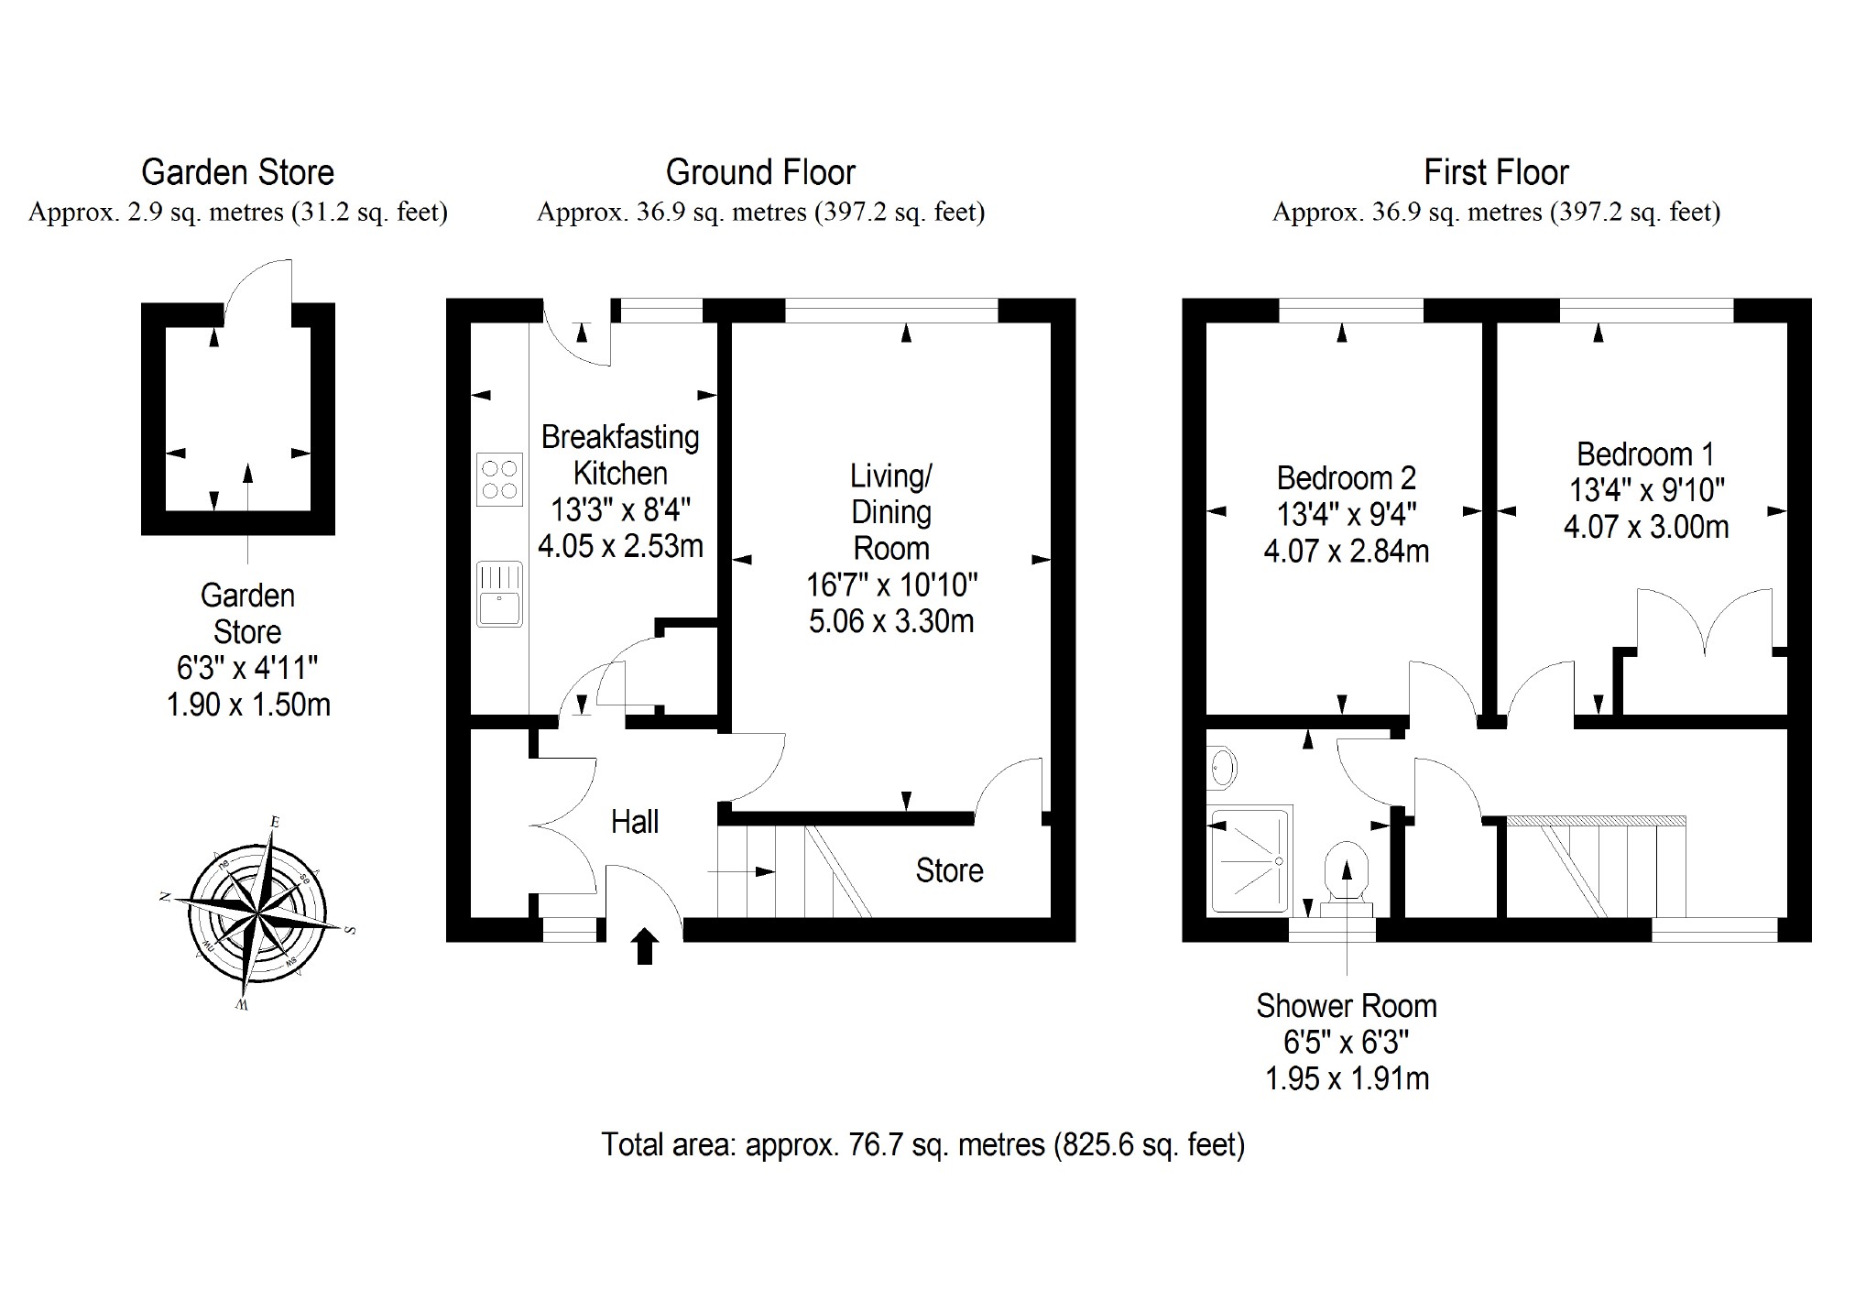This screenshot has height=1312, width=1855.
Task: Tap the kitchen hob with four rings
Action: tap(499, 479)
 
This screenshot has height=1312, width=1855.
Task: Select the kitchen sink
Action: tap(499, 595)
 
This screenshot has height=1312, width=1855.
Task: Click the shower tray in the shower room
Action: tap(1250, 859)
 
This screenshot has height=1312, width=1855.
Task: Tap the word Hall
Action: tap(635, 822)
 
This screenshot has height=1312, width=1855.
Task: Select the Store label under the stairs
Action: tap(949, 870)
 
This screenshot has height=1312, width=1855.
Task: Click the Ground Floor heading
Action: tap(760, 172)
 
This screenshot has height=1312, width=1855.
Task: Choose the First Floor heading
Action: tap(1496, 172)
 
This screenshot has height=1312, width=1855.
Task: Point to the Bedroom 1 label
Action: tap(1645, 454)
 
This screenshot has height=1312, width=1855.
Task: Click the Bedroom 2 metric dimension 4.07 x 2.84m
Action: tap(1346, 551)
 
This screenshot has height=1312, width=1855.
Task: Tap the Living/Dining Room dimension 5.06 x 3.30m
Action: tap(890, 621)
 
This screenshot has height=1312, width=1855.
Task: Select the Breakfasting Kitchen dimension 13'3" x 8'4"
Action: tap(620, 509)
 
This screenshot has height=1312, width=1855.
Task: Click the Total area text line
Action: tap(922, 1144)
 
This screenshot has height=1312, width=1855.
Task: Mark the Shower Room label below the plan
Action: tap(1346, 1006)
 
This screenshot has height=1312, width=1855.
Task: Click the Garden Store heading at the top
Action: tap(237, 172)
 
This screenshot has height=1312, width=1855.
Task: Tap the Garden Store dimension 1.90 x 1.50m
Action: tap(247, 705)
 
